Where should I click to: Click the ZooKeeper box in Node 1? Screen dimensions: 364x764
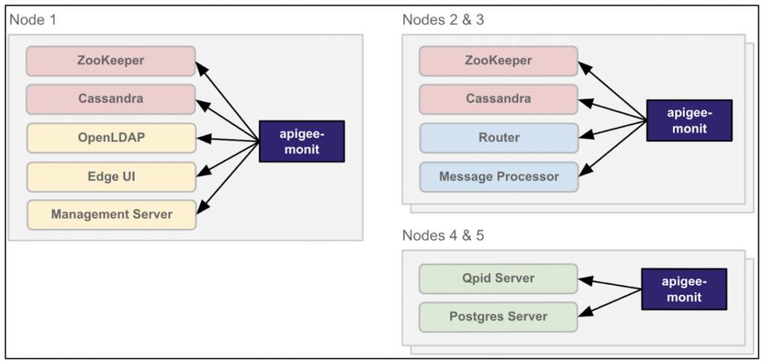[x=110, y=61]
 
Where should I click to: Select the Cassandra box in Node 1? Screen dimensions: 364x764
[x=110, y=99]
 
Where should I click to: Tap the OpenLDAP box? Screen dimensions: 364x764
[x=110, y=138]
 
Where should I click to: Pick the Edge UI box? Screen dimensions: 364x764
[x=110, y=177]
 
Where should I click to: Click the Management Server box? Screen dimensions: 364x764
[x=110, y=215]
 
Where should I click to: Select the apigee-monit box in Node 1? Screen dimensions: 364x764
[x=301, y=141]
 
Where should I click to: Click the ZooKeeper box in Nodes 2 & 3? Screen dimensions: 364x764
[x=498, y=61]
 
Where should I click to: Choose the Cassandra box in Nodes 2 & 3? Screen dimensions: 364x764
[x=498, y=99]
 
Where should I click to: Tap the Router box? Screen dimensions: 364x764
[x=498, y=138]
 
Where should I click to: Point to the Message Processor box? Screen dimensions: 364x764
[x=498, y=177]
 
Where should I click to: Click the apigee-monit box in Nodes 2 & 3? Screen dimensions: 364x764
[x=688, y=120]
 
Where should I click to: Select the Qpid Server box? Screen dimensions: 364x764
[x=498, y=278]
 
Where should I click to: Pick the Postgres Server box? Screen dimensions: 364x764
[x=498, y=317]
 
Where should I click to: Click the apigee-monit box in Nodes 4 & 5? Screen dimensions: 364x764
[x=683, y=290]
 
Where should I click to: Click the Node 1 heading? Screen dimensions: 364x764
[x=32, y=20]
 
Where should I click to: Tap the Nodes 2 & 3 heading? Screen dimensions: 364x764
[x=443, y=20]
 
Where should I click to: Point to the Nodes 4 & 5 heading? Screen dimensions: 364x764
[x=443, y=235]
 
